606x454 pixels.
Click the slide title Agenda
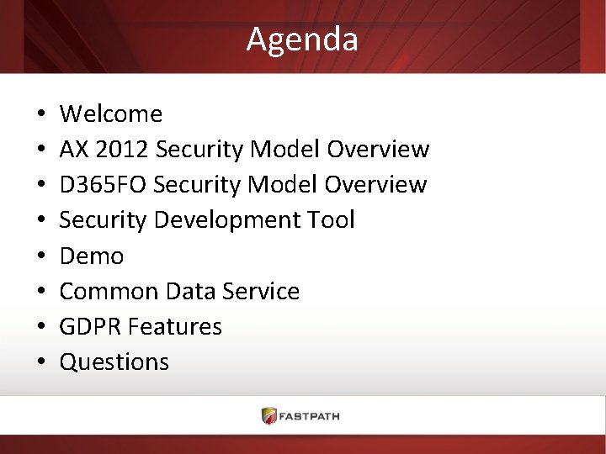pos(302,40)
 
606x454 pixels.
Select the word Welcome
pos(111,113)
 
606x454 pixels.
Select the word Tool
pos(332,220)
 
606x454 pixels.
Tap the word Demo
pos(92,256)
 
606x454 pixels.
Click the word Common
pos(109,292)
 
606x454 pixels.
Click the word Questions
pos(114,362)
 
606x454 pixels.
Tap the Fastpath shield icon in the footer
pos(269,415)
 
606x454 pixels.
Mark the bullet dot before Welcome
pos(40,114)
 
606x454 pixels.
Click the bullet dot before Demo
pos(40,256)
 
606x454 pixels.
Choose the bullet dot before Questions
pos(40,363)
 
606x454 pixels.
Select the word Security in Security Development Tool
pos(105,220)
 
